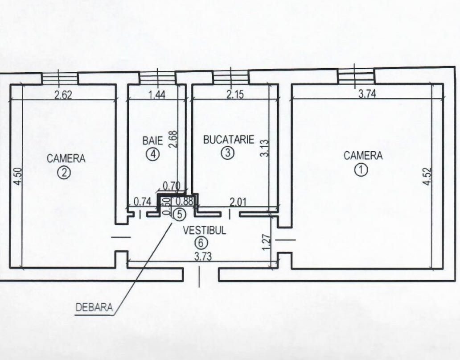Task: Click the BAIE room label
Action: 152,141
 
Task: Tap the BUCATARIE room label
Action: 229,140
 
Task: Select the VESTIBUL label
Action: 205,230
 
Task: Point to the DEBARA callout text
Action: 94,307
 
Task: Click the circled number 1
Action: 361,170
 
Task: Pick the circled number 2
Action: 64,173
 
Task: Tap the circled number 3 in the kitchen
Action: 228,153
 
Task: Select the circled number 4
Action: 153,154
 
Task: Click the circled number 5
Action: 180,215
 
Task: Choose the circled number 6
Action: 201,243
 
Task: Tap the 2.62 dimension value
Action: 63,95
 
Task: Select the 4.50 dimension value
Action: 18,176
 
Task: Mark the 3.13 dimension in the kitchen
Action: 265,148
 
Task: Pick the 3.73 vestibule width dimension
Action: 203,257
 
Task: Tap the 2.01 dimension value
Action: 238,202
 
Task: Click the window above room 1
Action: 356,76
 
